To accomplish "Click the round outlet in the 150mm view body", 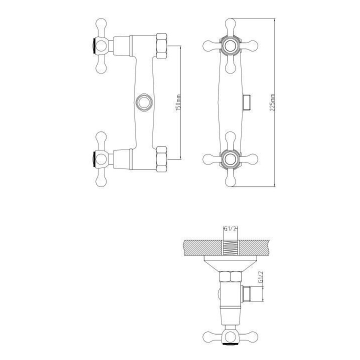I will coord(143,102).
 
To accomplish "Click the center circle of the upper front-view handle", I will coord(231,46).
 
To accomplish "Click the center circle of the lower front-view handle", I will coord(231,159).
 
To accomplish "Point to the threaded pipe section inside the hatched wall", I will coord(231,248).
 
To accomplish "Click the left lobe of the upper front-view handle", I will coord(208,46).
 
